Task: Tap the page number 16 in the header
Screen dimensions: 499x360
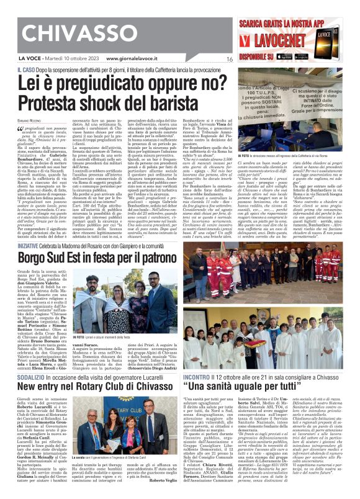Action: pos(229,59)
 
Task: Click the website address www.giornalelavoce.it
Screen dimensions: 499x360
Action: pos(134,59)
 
